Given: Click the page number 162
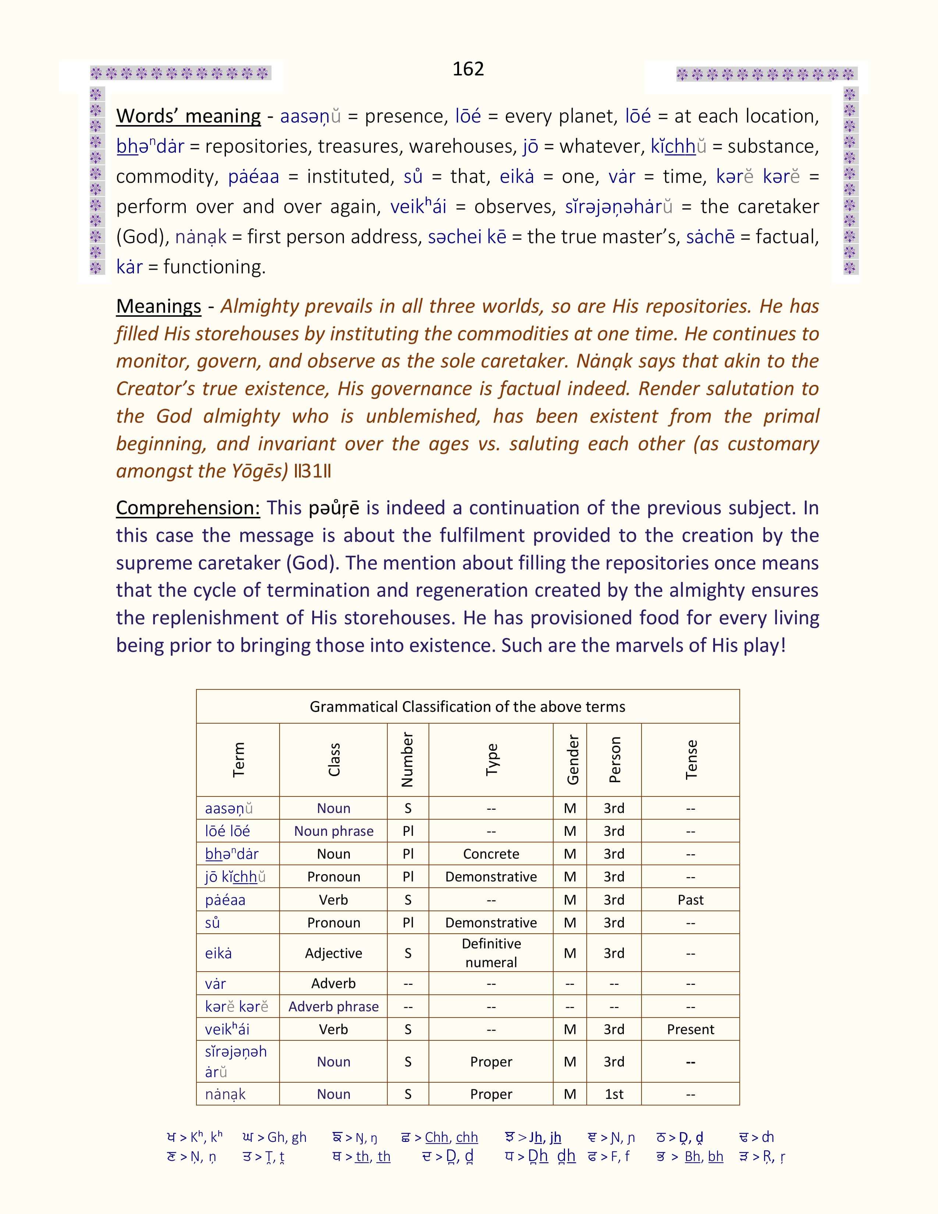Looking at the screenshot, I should click(x=468, y=69).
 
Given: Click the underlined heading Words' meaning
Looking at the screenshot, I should click(x=188, y=116).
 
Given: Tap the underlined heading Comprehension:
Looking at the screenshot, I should click(x=188, y=508).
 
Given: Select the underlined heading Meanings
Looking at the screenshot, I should click(x=159, y=306).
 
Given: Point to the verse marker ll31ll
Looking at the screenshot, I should click(x=312, y=471).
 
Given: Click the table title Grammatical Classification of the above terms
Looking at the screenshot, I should click(x=467, y=706).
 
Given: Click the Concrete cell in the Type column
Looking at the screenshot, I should click(x=491, y=854).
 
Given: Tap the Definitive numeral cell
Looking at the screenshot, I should click(x=491, y=953).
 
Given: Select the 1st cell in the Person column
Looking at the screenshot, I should click(x=614, y=1094).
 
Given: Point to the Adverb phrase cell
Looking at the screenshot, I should click(x=333, y=1007).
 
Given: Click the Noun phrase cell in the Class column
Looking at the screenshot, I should click(x=333, y=831).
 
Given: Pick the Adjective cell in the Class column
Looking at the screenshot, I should click(x=333, y=953).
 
